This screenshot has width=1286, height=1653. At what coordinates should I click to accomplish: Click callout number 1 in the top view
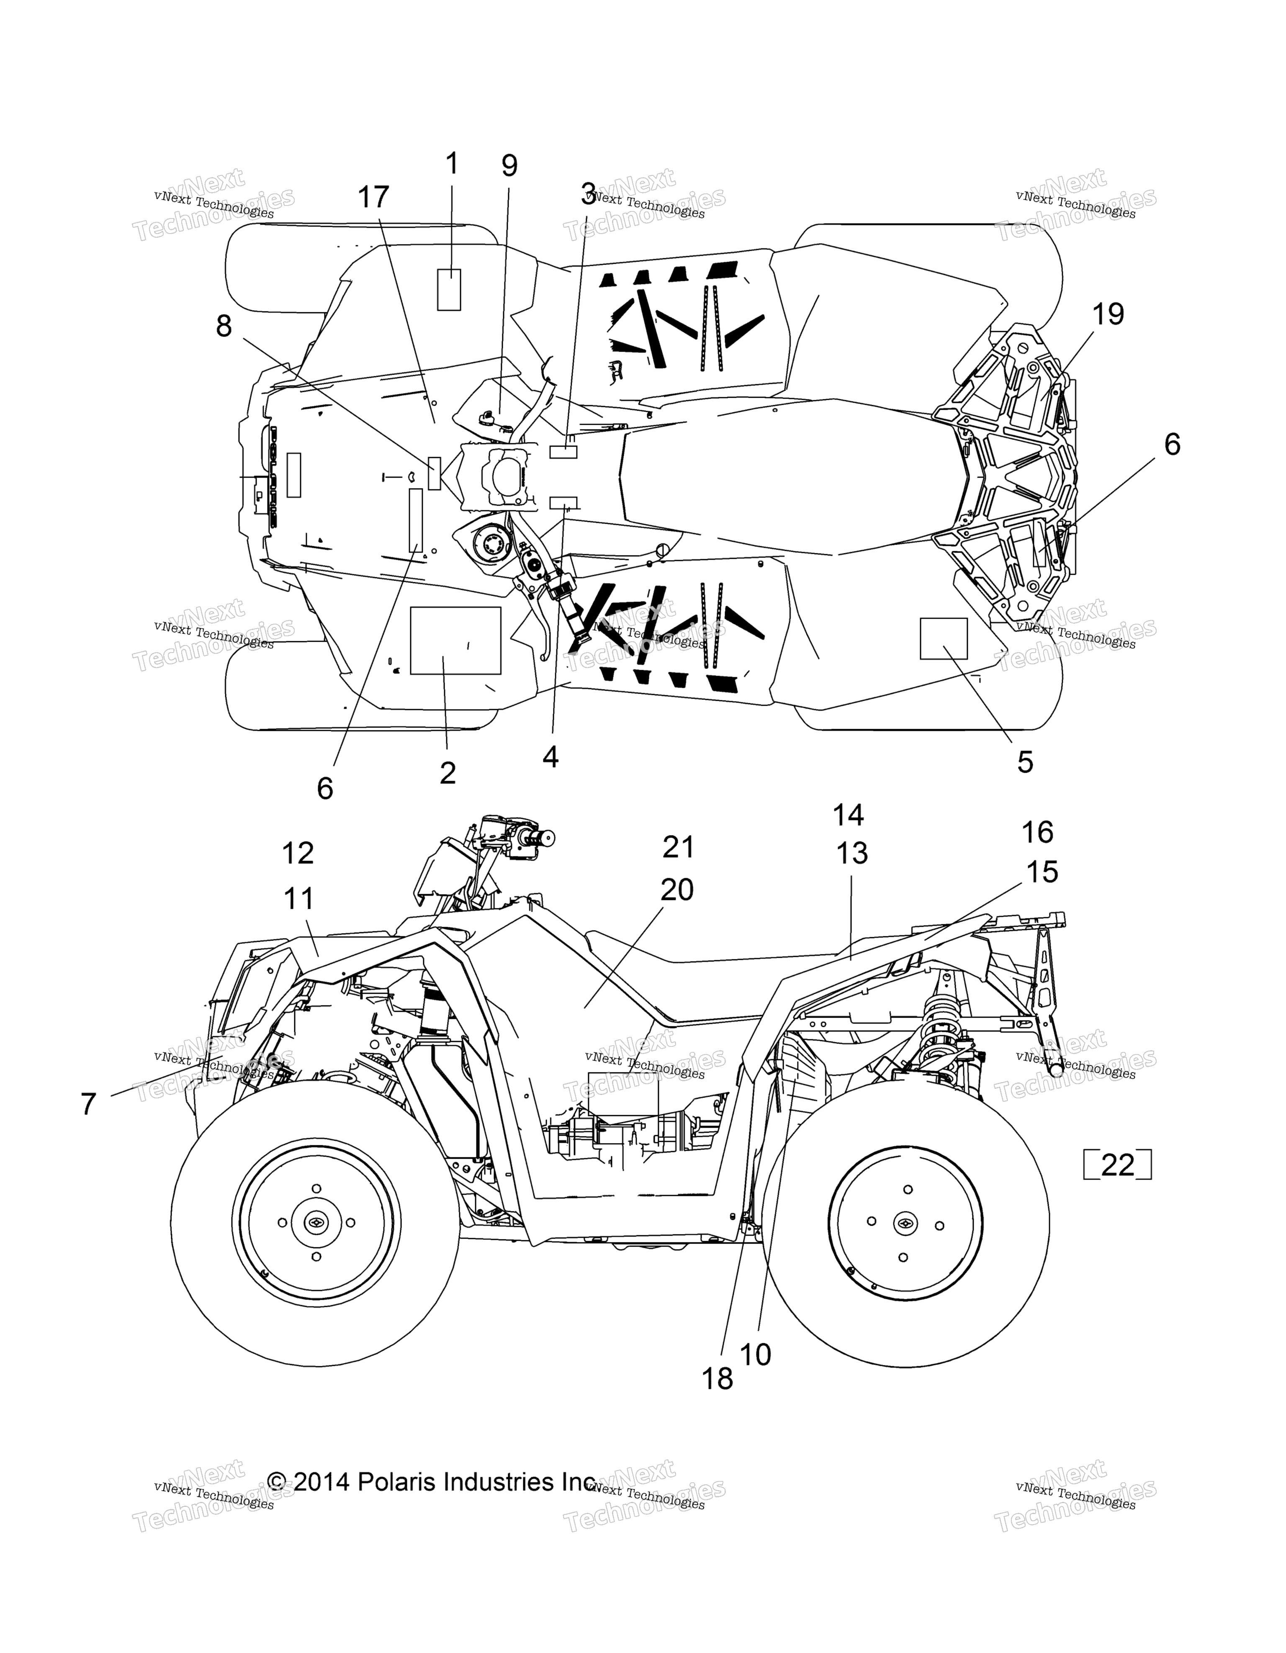tap(452, 164)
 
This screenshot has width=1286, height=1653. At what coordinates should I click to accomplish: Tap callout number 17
tap(373, 198)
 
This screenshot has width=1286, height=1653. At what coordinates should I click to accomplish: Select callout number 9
tap(509, 166)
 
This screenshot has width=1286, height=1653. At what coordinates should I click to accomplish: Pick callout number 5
tap(1025, 762)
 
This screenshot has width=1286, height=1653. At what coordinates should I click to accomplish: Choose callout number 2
tap(448, 773)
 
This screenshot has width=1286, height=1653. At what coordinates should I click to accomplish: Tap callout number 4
tap(550, 756)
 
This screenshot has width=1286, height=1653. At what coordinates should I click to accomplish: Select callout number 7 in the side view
tap(89, 1104)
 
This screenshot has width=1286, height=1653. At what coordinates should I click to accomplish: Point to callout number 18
tap(718, 1379)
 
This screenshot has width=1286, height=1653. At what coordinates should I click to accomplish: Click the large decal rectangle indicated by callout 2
tap(455, 640)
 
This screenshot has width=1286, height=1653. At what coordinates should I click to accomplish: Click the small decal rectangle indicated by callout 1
tap(450, 289)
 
